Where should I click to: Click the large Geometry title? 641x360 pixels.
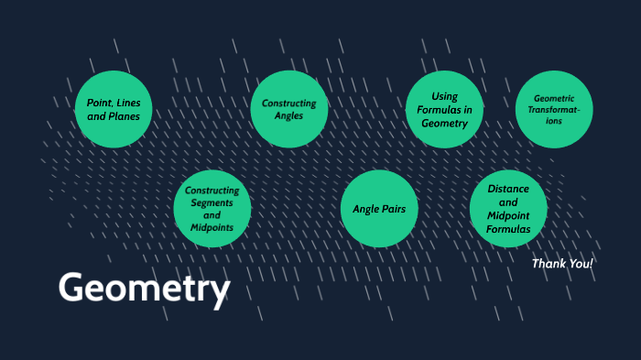coord(144,289)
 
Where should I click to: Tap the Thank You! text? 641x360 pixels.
coord(562,264)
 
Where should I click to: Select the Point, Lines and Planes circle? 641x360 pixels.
coord(114,110)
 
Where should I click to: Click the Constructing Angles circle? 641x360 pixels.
coord(288,110)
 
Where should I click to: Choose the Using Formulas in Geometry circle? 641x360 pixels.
coord(444,110)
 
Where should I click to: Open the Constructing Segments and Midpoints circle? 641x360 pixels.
coord(212,209)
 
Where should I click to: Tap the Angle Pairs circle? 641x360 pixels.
coord(379,209)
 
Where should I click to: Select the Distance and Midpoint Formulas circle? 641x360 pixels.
coord(508,209)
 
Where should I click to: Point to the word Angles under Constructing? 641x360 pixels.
coord(288,116)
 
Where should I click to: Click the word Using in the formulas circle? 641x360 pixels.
coord(445,96)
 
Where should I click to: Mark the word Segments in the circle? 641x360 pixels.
coord(212,202)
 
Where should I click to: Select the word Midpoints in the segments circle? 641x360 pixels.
coord(212,226)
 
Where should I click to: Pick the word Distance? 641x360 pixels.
coord(508,189)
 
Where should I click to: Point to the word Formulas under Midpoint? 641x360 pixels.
coord(508,229)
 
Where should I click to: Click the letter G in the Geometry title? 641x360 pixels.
coord(73,288)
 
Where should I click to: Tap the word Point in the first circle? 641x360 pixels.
coord(100,104)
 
